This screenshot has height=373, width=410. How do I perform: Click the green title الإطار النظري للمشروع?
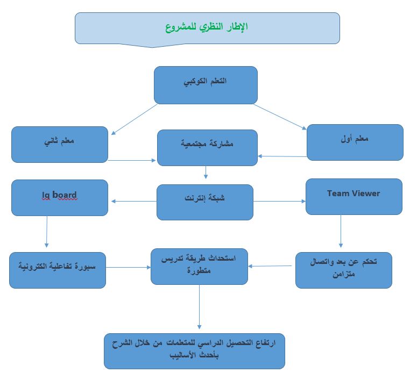[x=207, y=27]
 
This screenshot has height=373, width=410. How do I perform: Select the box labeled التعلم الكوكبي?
[x=206, y=85]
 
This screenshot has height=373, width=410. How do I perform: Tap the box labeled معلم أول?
[x=355, y=142]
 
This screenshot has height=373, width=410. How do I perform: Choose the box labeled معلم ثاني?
[x=60, y=145]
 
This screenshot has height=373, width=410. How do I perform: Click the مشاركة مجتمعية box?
[x=207, y=148]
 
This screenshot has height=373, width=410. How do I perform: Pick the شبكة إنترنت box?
[x=205, y=202]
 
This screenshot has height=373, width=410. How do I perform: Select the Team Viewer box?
[x=354, y=197]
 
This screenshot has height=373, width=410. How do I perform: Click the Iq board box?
[x=60, y=198]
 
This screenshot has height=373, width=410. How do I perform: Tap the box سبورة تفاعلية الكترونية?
[x=58, y=270]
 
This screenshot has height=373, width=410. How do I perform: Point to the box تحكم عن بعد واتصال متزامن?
[x=344, y=270]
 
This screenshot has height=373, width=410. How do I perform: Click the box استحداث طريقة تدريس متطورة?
[x=199, y=267]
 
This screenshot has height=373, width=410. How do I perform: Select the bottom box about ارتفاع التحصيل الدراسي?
[x=194, y=351]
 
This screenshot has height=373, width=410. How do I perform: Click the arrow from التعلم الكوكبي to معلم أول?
[x=280, y=117]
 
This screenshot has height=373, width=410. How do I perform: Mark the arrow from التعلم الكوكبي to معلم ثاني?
[x=134, y=119]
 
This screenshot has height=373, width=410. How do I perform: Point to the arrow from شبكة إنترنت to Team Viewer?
[x=279, y=201]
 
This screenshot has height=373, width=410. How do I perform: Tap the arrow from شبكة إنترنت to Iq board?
[x=134, y=201]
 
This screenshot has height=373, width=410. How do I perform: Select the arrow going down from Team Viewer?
[x=341, y=231]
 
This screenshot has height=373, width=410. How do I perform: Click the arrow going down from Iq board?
[x=47, y=232]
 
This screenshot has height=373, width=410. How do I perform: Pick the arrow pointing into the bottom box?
[x=199, y=307]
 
